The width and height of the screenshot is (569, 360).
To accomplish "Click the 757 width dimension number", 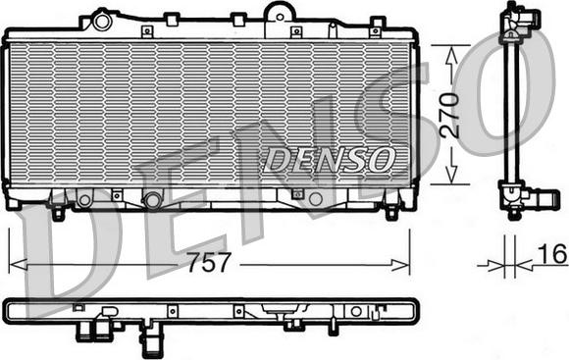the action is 209,262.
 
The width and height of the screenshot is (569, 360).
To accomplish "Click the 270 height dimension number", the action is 449,116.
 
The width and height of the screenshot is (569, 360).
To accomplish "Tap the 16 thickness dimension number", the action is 551,254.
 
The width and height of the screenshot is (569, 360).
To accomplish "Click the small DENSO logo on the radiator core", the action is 329,160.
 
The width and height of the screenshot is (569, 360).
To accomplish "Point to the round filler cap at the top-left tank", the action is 101,22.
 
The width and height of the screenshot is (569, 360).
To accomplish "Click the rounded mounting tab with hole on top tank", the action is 280,15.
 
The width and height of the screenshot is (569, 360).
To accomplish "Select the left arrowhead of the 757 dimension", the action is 18,265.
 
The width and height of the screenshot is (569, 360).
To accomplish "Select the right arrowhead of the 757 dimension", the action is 400,265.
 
